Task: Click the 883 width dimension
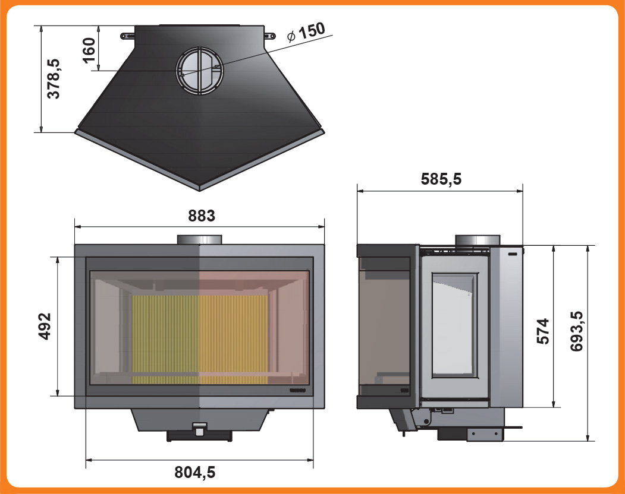[202, 216]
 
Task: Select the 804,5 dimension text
[195, 472]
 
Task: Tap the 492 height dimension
[45, 327]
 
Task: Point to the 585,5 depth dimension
[441, 179]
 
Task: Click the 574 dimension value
[543, 331]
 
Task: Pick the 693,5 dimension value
[576, 331]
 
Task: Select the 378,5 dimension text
[54, 78]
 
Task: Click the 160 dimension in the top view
[89, 50]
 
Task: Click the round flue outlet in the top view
[200, 71]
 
